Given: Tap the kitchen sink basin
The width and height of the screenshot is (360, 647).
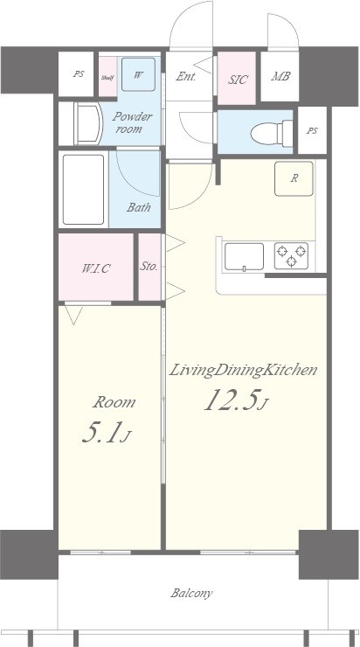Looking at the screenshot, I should (x=244, y=257).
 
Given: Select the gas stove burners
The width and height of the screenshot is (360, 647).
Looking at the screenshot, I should (x=292, y=256).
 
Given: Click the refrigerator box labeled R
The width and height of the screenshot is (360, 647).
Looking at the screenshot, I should (x=294, y=178).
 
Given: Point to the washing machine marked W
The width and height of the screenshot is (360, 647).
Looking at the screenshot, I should (x=138, y=74).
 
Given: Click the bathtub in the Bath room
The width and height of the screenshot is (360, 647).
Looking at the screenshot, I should (x=84, y=189).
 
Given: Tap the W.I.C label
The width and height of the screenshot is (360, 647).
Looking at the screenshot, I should (x=97, y=268).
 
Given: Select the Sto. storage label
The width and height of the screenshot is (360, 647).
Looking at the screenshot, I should (x=149, y=267).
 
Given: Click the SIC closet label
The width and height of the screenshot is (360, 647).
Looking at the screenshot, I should (x=237, y=80).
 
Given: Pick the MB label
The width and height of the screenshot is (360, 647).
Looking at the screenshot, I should (x=280, y=77).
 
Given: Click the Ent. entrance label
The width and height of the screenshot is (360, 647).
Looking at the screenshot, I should (x=185, y=76).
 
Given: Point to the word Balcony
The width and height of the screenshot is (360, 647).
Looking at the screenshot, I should (x=191, y=593).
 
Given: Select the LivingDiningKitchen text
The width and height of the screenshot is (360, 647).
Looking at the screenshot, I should (x=242, y=371).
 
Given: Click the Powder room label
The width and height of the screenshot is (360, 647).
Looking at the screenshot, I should (x=132, y=122).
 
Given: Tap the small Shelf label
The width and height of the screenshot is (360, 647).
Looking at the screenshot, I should (x=107, y=78).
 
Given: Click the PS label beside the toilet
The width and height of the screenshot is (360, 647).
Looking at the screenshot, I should (x=312, y=130).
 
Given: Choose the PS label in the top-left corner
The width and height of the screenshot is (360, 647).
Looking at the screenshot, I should (x=79, y=75).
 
